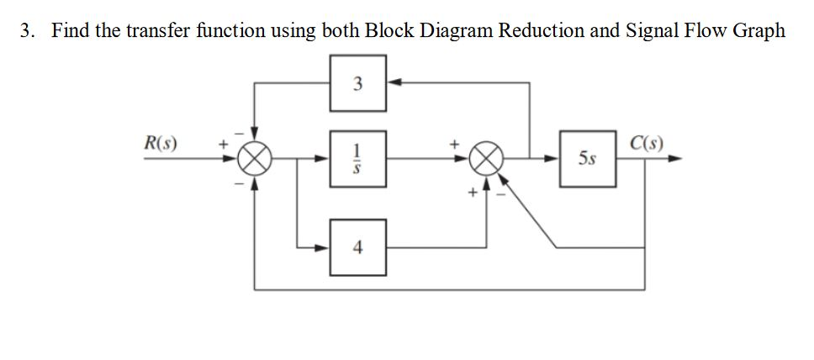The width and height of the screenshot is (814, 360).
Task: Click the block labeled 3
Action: (x=358, y=83)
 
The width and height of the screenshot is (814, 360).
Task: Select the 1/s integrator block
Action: (x=358, y=157)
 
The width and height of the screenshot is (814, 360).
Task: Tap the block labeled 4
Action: (x=358, y=247)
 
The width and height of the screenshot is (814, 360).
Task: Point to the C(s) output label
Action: (x=647, y=139)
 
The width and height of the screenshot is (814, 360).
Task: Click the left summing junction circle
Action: (x=256, y=158)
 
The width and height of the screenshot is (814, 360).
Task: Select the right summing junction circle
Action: (x=488, y=158)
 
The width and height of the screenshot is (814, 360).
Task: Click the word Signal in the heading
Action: (x=646, y=31)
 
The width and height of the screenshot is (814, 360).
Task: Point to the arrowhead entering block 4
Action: (x=324, y=247)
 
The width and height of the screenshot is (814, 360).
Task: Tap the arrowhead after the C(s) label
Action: (x=674, y=158)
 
